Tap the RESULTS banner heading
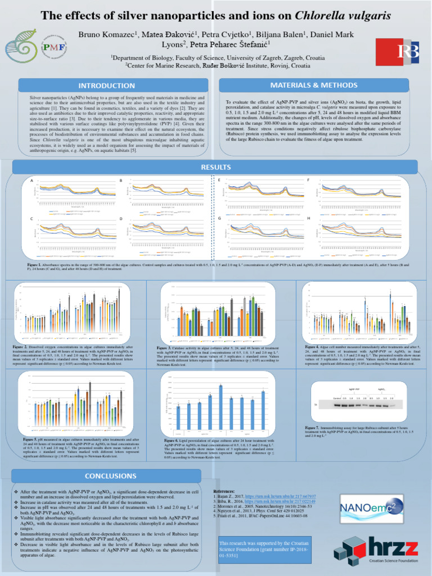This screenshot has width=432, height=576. (216, 167)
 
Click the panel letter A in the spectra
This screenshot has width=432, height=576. (32, 180)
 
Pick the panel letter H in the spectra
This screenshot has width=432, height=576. (308, 218)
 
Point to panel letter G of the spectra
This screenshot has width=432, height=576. (219, 218)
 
